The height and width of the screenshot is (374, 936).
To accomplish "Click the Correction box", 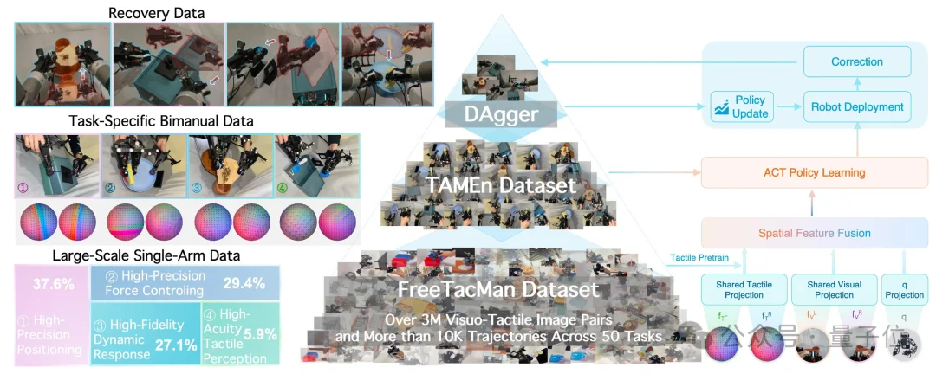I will [x=856, y=62].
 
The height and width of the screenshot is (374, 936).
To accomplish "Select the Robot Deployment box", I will [x=857, y=107].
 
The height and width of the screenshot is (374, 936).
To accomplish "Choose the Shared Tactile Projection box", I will [x=744, y=290].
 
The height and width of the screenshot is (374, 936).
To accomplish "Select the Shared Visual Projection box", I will [x=834, y=290].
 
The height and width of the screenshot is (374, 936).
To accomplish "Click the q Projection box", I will [x=902, y=290].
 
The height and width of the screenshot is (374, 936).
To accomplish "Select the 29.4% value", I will [x=244, y=282].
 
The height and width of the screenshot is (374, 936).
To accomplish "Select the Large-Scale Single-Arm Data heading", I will [x=146, y=255].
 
